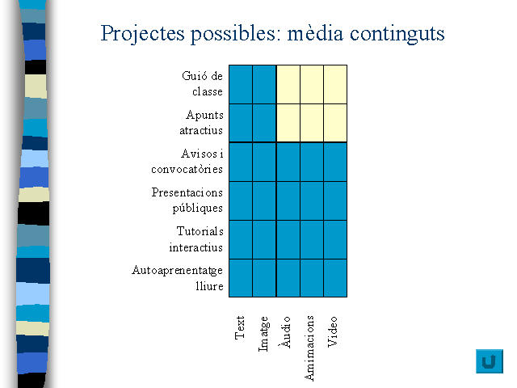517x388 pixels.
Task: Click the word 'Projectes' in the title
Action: pos(142,34)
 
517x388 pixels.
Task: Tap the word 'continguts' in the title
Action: pos(397,34)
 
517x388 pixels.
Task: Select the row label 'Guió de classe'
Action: pos(203,83)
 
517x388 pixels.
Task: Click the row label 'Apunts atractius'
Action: pos(201,122)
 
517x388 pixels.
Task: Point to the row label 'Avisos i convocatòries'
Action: pos(187,162)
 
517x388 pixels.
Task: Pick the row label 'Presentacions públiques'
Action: pos(187,200)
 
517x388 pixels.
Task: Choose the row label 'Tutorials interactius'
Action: pos(196,239)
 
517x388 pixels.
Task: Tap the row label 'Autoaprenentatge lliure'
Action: pos(178,278)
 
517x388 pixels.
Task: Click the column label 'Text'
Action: pos(240,327)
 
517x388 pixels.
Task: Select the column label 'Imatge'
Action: pos(264,334)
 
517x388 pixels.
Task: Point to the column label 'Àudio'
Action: pos(285,332)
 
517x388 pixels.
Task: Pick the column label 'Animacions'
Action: pos(309,348)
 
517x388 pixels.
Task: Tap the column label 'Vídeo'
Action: pos(332,331)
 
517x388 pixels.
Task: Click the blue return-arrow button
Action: pos(490,361)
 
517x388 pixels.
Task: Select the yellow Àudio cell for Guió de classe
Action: pos(288,84)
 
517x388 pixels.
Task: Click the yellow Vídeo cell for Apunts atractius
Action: pos(335,123)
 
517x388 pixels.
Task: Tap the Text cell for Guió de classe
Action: pos(241,84)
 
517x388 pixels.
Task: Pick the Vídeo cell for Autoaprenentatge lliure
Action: pos(335,278)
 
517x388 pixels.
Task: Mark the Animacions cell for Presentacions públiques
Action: pos(312,200)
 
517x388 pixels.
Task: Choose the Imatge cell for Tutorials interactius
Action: pos(264,239)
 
